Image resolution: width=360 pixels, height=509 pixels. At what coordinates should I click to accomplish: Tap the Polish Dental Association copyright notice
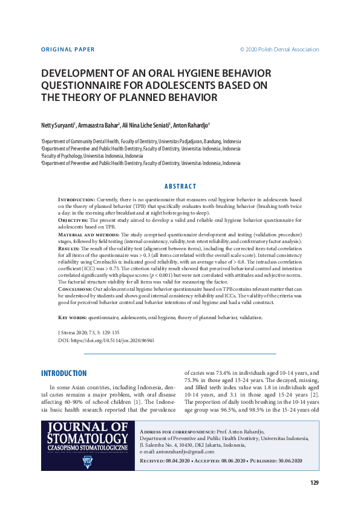click(280, 50)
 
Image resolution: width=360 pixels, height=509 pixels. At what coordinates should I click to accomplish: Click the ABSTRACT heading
click(180, 186)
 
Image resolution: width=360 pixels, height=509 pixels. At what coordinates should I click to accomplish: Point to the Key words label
click(72, 317)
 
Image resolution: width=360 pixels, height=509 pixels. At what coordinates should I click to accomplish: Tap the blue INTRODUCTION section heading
click(64, 373)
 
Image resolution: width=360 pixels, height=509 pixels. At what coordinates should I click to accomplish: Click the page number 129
click(314, 482)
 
